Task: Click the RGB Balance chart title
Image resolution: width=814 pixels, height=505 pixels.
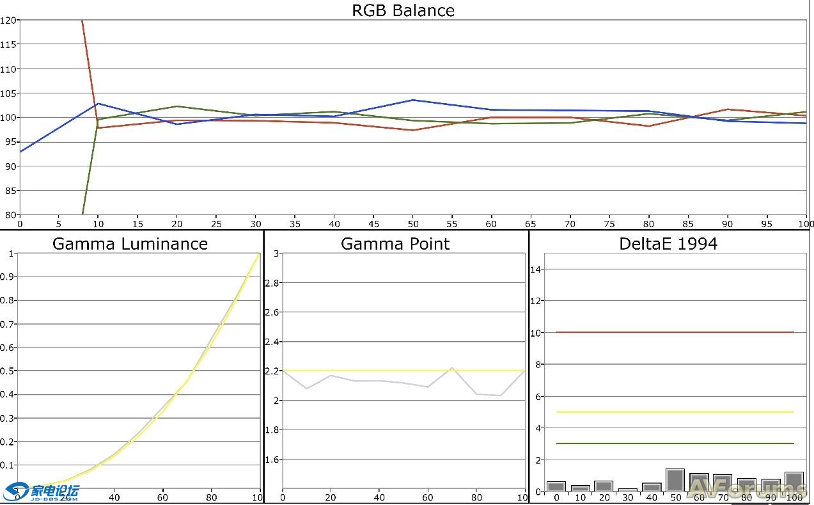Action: (x=403, y=11)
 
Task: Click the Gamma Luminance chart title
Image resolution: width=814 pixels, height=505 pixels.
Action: (x=130, y=244)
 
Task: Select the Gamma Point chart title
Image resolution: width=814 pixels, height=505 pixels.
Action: (x=395, y=244)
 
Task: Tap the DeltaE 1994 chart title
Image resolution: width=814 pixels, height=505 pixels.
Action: (x=668, y=244)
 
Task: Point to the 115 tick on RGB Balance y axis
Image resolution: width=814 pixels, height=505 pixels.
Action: (x=8, y=44)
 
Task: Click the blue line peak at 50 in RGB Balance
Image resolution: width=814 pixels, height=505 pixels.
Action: (x=413, y=100)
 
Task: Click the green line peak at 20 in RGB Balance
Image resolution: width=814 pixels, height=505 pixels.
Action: (x=176, y=106)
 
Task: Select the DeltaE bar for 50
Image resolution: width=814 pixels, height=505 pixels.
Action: (x=675, y=480)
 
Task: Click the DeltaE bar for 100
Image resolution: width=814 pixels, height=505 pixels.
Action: (x=794, y=482)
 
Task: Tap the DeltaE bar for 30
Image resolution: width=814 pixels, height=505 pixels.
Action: (x=628, y=490)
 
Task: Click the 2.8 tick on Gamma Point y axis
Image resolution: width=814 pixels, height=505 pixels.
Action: (x=272, y=283)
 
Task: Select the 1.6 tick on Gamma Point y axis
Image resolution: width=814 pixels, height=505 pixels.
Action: (x=272, y=460)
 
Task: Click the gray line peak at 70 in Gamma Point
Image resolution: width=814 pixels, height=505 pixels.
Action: (x=451, y=368)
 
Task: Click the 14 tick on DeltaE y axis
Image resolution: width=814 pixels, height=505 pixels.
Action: (x=537, y=269)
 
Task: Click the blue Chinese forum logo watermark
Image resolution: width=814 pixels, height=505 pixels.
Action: (x=42, y=492)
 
